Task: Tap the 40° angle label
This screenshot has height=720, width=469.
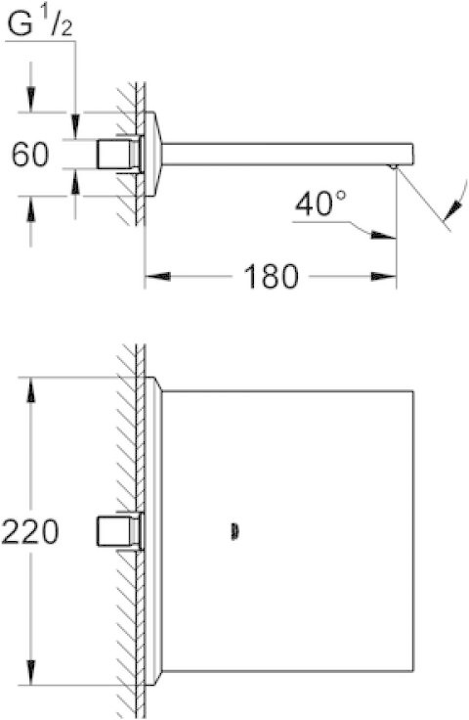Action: click(x=320, y=204)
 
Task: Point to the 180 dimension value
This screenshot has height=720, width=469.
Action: click(x=271, y=277)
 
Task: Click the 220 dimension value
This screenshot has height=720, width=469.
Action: click(x=29, y=532)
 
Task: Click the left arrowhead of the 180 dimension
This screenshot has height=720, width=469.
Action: click(x=152, y=278)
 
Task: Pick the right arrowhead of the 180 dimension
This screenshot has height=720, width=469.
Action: click(x=390, y=278)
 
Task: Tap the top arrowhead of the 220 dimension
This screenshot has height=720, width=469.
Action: click(x=32, y=387)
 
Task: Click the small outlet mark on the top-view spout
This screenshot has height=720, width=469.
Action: click(x=234, y=532)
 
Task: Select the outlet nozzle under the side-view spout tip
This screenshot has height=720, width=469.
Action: click(x=393, y=167)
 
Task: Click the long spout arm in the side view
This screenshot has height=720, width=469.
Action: click(x=283, y=154)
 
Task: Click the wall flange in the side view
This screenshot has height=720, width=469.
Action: click(x=152, y=153)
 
